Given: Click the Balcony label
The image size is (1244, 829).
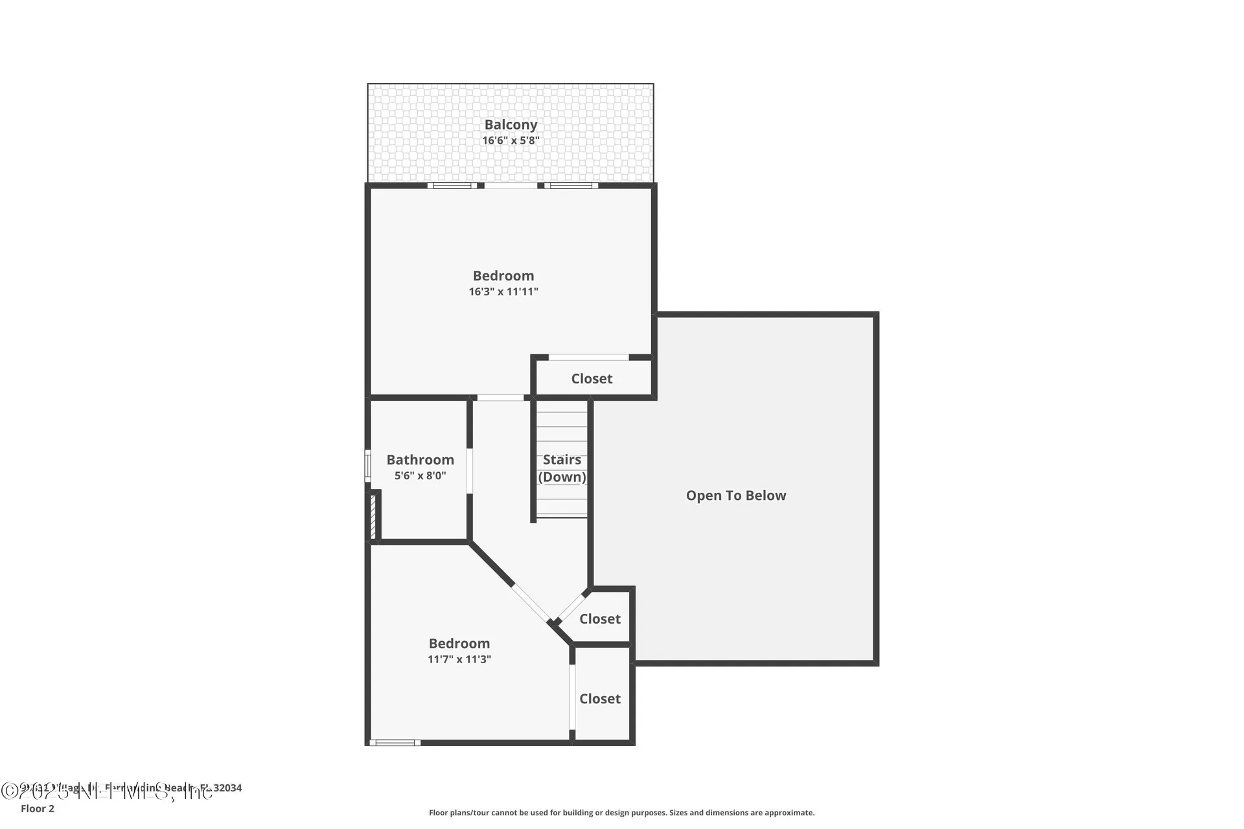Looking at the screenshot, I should (511, 124).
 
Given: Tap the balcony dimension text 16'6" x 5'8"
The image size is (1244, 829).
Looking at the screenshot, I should (511, 141).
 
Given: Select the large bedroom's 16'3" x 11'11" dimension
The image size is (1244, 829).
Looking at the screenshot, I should (503, 291).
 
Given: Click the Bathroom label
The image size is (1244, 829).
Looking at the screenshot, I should (420, 460).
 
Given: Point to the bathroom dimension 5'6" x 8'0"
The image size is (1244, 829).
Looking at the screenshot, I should (420, 475).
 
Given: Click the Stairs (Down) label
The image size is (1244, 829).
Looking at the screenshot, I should (562, 468).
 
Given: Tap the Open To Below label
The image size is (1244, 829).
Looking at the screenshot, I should (735, 495).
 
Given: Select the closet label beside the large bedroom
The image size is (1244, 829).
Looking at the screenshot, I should (592, 379).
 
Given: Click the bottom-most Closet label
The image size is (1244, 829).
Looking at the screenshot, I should (599, 699).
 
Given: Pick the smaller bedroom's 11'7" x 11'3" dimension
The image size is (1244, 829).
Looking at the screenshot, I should (459, 659).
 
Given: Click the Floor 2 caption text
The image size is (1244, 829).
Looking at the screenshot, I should (38, 808).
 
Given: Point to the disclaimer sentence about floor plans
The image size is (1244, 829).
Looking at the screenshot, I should (621, 812).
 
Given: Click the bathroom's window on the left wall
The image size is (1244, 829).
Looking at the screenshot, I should (367, 465).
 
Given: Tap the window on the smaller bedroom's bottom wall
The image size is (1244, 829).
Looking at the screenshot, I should (395, 742).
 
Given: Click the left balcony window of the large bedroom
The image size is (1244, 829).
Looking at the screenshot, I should (452, 186).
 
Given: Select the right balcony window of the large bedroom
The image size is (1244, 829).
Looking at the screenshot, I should (571, 186).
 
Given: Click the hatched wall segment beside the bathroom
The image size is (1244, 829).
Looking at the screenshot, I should (373, 516).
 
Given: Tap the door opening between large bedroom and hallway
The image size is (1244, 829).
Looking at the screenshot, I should (500, 398).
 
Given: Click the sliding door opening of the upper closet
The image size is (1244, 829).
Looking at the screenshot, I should (588, 358).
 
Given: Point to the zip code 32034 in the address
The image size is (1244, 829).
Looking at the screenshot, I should (227, 788).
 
